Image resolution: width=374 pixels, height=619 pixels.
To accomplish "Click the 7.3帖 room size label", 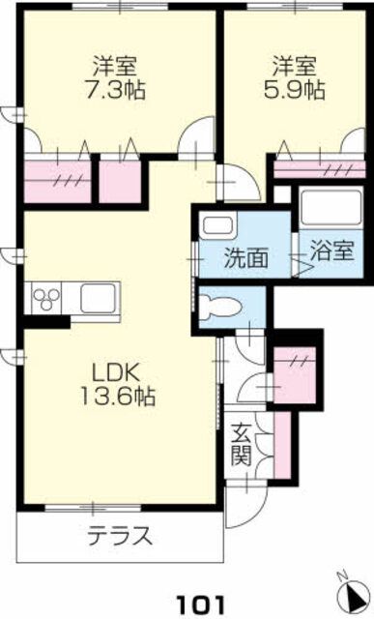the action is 115,91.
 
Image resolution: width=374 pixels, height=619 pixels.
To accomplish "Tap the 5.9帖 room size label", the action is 295,91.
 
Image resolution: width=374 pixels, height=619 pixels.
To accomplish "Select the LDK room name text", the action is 115,372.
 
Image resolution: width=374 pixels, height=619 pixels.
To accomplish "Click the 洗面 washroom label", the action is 246,258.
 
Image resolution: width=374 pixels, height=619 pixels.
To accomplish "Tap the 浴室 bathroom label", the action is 331,251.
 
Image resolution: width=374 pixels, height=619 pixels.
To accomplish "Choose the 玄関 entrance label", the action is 242,445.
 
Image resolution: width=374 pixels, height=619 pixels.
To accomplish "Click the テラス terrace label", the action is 120,536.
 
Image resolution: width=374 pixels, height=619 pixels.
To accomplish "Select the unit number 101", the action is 200,604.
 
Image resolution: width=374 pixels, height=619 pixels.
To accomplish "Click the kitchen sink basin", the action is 99,298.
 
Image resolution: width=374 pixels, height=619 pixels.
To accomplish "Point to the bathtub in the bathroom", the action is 331,207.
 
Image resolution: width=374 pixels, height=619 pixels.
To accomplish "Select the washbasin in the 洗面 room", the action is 217,224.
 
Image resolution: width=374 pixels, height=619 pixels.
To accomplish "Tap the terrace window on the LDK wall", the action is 93,508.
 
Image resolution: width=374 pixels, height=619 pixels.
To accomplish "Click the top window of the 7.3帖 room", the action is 121,6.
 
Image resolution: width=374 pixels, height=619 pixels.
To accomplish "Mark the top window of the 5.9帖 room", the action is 296,6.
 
